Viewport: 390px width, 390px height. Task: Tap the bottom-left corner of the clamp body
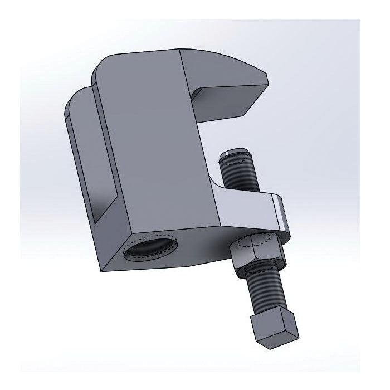(x=103, y=270)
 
